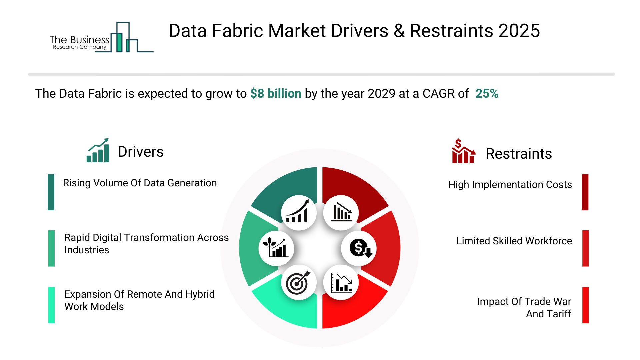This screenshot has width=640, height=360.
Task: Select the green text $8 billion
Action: [x=276, y=94]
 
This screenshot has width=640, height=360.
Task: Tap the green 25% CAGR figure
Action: [x=487, y=94]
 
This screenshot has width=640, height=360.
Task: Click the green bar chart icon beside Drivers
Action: [x=98, y=151]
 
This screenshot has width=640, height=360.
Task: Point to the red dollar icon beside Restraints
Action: [x=463, y=151]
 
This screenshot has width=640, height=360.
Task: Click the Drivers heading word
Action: [x=141, y=152]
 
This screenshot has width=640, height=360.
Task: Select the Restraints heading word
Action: [x=518, y=154]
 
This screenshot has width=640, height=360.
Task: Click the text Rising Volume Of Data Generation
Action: [x=140, y=183]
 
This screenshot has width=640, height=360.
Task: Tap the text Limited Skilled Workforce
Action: [x=514, y=241]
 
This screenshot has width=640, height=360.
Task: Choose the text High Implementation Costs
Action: [x=510, y=185]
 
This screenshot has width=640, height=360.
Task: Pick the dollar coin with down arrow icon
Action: [x=359, y=248]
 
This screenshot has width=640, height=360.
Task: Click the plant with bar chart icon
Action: [x=276, y=248]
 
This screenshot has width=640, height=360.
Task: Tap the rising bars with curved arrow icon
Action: [x=298, y=213]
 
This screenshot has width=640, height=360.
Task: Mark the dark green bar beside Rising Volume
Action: [x=51, y=192]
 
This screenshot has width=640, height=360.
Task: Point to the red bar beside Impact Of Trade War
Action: [x=585, y=305]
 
